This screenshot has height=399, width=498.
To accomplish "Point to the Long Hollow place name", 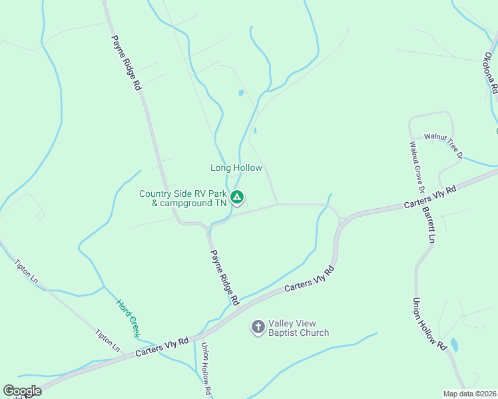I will (x=236, y=168).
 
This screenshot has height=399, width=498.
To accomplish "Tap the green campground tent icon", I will (x=237, y=197).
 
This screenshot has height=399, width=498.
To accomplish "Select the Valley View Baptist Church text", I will (x=298, y=328).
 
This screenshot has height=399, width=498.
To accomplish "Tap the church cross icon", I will (x=258, y=327).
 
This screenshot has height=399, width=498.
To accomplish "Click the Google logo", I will (x=22, y=391).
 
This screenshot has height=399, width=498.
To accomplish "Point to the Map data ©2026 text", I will (x=469, y=394).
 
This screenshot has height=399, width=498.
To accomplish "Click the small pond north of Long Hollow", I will (x=241, y=93).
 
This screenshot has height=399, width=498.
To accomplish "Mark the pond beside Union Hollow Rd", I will (x=454, y=344).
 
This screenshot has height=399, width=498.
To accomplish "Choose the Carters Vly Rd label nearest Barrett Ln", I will (x=430, y=197).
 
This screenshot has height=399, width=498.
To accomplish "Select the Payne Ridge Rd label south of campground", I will (x=225, y=277).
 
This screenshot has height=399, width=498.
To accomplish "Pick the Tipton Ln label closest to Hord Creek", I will (x=107, y=340).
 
